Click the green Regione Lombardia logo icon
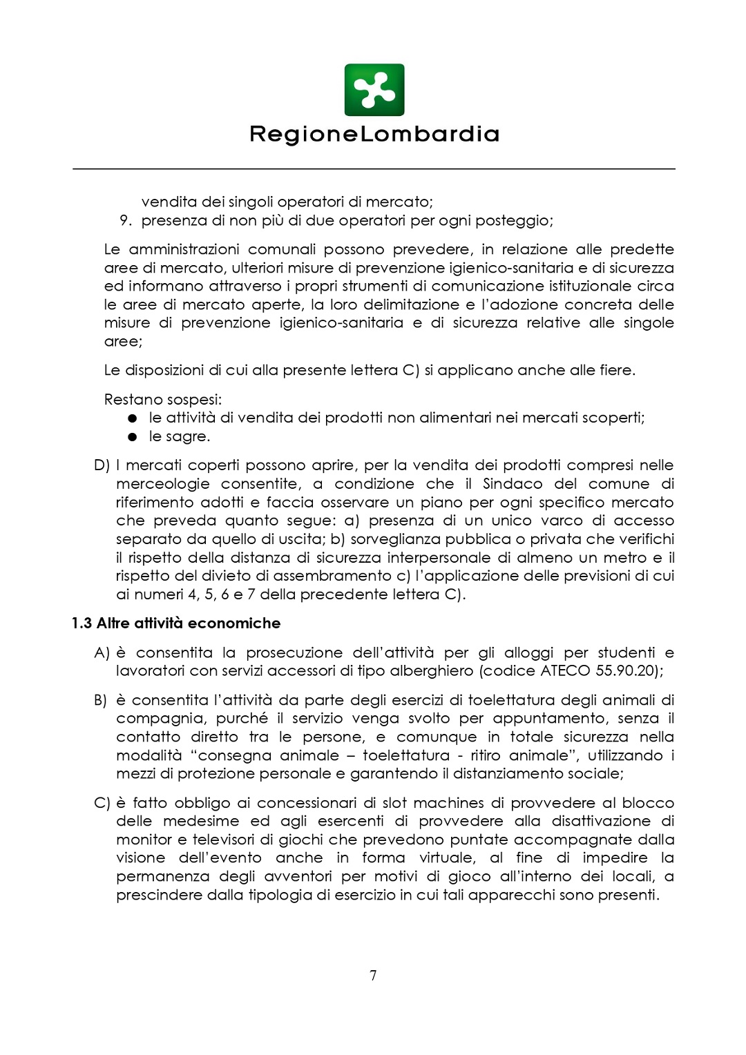(x=374, y=90)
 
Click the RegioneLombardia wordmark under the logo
(x=374, y=134)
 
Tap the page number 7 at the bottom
(x=373, y=975)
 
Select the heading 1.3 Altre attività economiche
(x=176, y=623)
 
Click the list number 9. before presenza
(x=125, y=221)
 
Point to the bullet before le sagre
(x=133, y=437)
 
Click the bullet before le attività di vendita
(x=133, y=418)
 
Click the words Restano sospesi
(x=162, y=400)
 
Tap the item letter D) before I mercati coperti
(x=102, y=466)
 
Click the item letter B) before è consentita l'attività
(x=101, y=701)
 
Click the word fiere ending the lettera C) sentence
(x=616, y=371)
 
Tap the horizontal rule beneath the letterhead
(x=374, y=168)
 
